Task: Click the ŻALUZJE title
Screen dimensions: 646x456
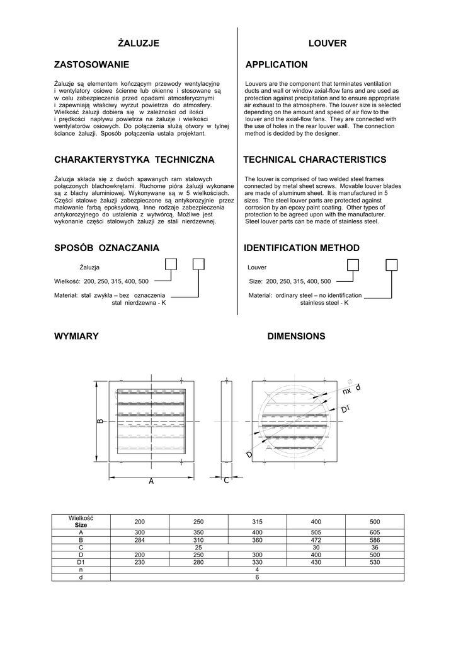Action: (x=139, y=43)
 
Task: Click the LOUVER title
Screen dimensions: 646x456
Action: (x=328, y=43)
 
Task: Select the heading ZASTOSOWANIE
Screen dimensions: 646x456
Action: (x=92, y=64)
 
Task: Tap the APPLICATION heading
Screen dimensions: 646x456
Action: (x=276, y=64)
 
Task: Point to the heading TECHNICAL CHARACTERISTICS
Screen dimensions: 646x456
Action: (x=315, y=160)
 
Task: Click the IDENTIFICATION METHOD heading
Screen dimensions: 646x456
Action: (x=302, y=248)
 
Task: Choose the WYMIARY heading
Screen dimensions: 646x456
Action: (x=77, y=336)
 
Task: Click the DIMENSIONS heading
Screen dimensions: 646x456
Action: (x=296, y=336)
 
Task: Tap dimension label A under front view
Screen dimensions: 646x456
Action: (x=151, y=481)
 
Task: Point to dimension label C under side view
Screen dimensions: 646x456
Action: (x=226, y=481)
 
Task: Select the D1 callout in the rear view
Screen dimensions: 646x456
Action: (x=345, y=410)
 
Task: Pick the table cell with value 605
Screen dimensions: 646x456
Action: (x=375, y=532)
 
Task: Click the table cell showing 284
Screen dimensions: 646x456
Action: (x=139, y=540)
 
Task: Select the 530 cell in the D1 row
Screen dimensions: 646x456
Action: (x=375, y=562)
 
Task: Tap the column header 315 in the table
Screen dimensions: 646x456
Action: (x=257, y=522)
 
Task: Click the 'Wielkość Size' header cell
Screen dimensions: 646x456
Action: (x=81, y=521)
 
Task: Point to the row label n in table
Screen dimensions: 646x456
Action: (x=81, y=570)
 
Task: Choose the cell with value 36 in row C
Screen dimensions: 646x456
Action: (x=375, y=548)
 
